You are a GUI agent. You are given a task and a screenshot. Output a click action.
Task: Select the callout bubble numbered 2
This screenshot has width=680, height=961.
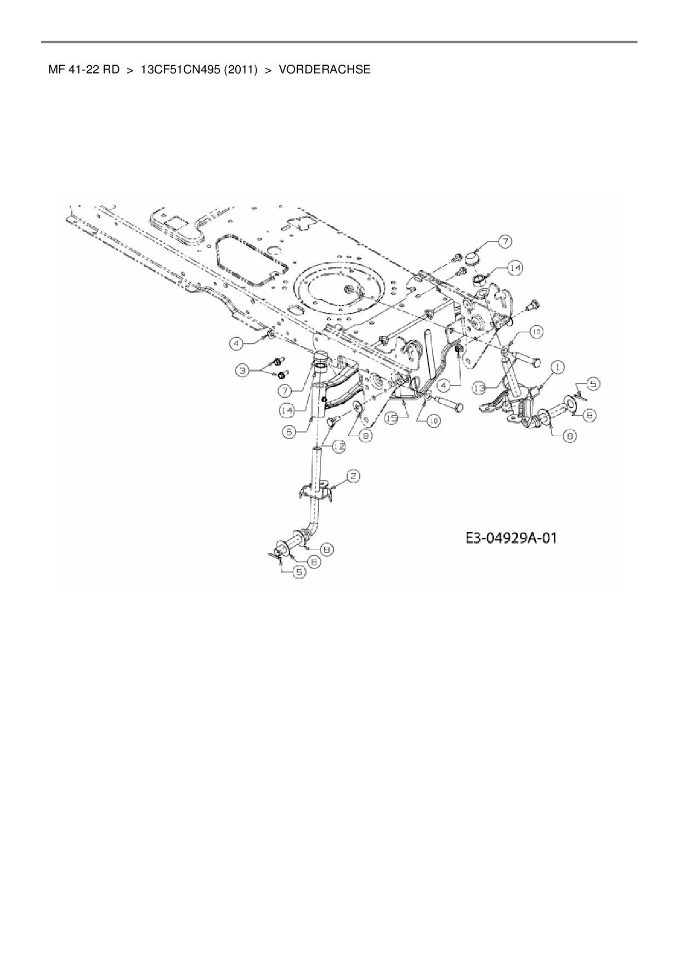click(354, 477)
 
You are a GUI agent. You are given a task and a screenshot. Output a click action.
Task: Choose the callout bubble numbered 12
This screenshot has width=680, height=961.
click(339, 447)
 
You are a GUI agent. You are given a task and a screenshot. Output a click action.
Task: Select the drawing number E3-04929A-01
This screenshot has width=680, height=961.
click(511, 538)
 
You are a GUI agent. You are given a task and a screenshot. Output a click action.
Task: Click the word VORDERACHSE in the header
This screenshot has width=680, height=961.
click(325, 70)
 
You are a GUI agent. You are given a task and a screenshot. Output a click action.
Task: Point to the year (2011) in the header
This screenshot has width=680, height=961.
click(240, 70)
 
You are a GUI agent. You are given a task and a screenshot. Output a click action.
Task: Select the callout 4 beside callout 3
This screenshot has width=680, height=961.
click(236, 344)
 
